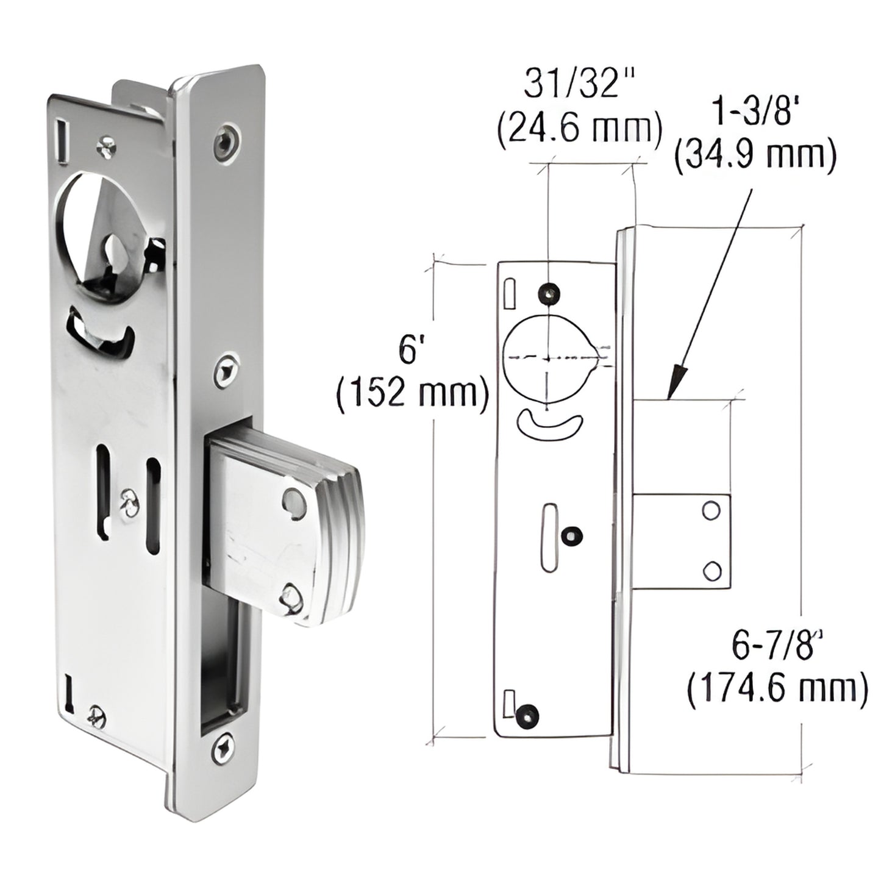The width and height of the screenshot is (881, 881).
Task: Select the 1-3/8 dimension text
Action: point(753,113)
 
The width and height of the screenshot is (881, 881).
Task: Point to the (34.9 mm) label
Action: point(755,156)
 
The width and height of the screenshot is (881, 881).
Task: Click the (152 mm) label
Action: point(413,393)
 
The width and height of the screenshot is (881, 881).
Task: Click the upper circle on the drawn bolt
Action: point(710,510)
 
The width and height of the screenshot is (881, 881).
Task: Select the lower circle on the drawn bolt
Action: point(710,570)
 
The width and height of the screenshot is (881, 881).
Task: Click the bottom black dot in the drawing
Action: point(526,715)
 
